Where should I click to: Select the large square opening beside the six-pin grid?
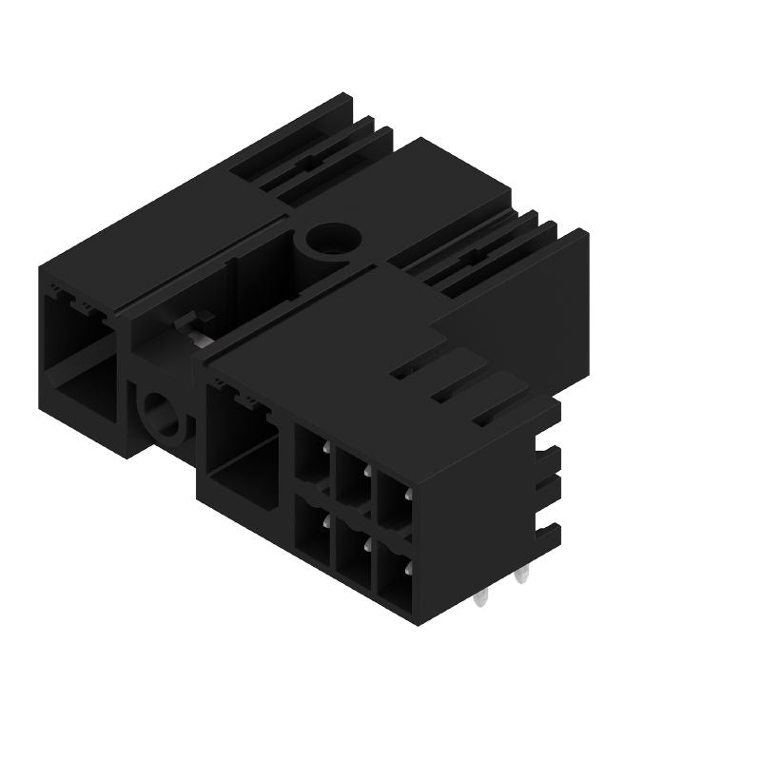pyautogui.click(x=241, y=447)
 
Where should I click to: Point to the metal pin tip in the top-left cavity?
pyautogui.click(x=325, y=447)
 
